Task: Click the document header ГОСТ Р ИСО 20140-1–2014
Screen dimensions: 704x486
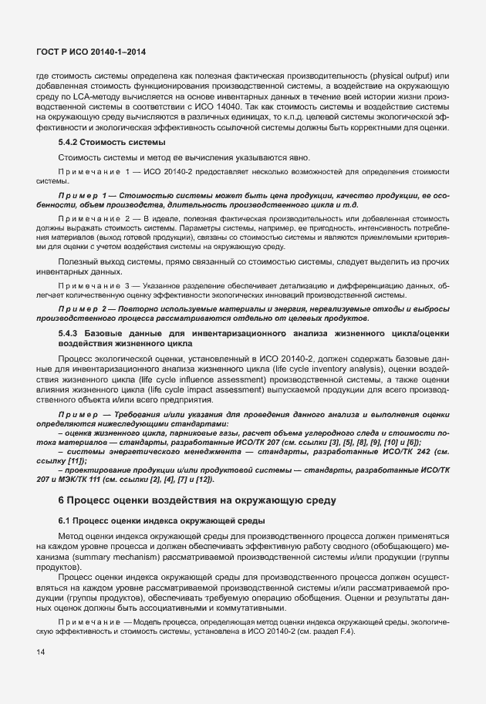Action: pos(91,52)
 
